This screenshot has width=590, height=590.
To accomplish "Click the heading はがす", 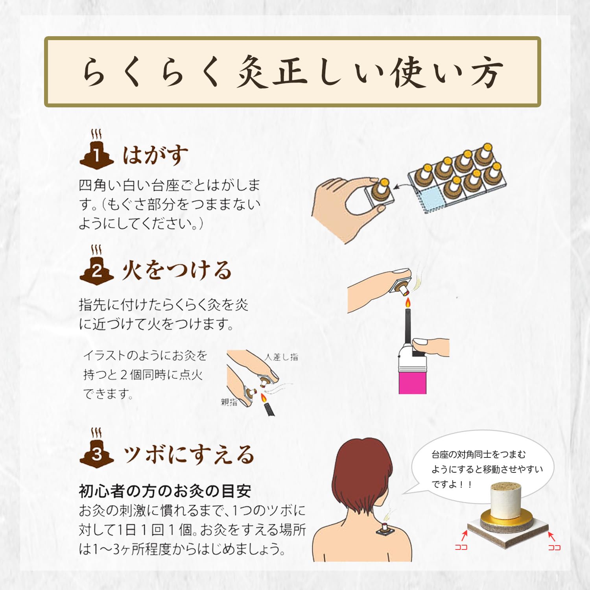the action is click(155, 155).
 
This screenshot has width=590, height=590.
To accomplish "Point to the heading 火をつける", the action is click(177, 270).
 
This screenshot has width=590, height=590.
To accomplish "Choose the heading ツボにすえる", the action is click(189, 455).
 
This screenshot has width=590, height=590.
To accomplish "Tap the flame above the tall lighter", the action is click(408, 302).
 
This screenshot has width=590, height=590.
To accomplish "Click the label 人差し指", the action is click(281, 357).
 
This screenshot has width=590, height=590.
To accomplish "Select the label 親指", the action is click(229, 402).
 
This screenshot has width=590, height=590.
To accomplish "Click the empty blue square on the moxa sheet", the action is click(432, 199).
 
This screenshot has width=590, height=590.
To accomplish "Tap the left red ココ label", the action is click(461, 547).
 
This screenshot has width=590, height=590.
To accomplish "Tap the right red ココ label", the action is click(555, 547).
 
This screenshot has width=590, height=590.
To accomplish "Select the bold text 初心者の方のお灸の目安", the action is click(165, 491).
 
